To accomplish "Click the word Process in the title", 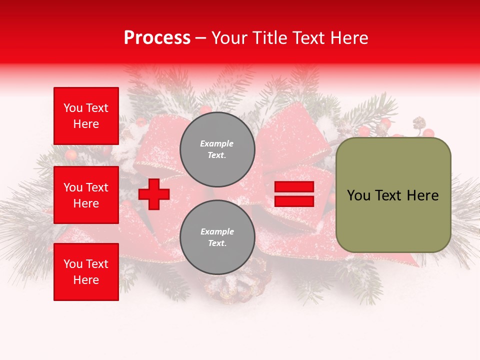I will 157,38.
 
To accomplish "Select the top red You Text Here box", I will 86,116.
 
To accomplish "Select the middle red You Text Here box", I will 86,195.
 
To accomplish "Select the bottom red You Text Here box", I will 86,272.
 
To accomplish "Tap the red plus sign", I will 154,194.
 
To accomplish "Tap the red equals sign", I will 294,194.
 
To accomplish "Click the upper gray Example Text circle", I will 217,149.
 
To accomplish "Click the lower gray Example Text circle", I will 217,237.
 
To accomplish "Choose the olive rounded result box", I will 393,195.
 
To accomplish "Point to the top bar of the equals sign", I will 294,187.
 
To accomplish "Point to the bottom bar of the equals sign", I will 294,201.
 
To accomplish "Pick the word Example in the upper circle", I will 217,143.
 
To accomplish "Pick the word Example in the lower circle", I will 217,231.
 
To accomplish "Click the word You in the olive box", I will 359,195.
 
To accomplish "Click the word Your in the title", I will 229,38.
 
